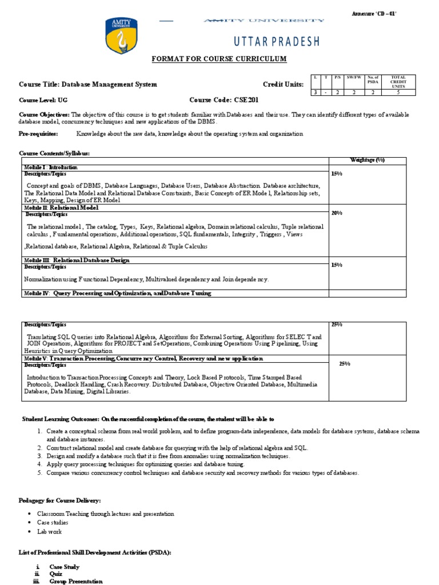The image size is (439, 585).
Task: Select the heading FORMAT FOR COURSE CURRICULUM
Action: (x=218, y=59)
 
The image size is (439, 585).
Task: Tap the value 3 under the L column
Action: (x=314, y=92)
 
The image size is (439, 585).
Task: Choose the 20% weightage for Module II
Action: (x=337, y=213)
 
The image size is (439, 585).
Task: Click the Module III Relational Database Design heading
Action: (x=77, y=260)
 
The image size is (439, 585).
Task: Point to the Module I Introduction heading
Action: (x=50, y=167)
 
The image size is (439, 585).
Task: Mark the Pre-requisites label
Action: (x=39, y=134)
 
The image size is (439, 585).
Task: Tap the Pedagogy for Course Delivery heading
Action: (x=61, y=500)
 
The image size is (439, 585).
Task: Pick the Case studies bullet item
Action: (x=53, y=522)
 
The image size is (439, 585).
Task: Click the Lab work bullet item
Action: (x=49, y=531)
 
